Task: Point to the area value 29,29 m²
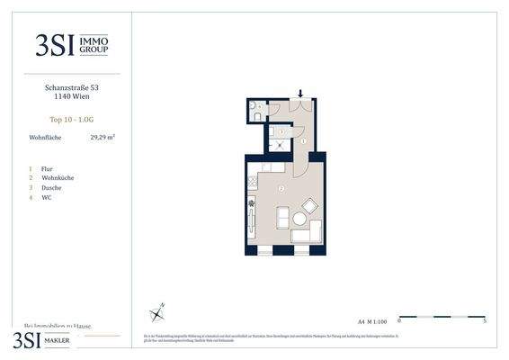point(103,138)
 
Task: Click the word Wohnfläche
point(46,138)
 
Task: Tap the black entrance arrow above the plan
point(301,93)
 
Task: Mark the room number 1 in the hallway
point(303,141)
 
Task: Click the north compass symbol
point(158,311)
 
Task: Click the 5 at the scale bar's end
point(485,320)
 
